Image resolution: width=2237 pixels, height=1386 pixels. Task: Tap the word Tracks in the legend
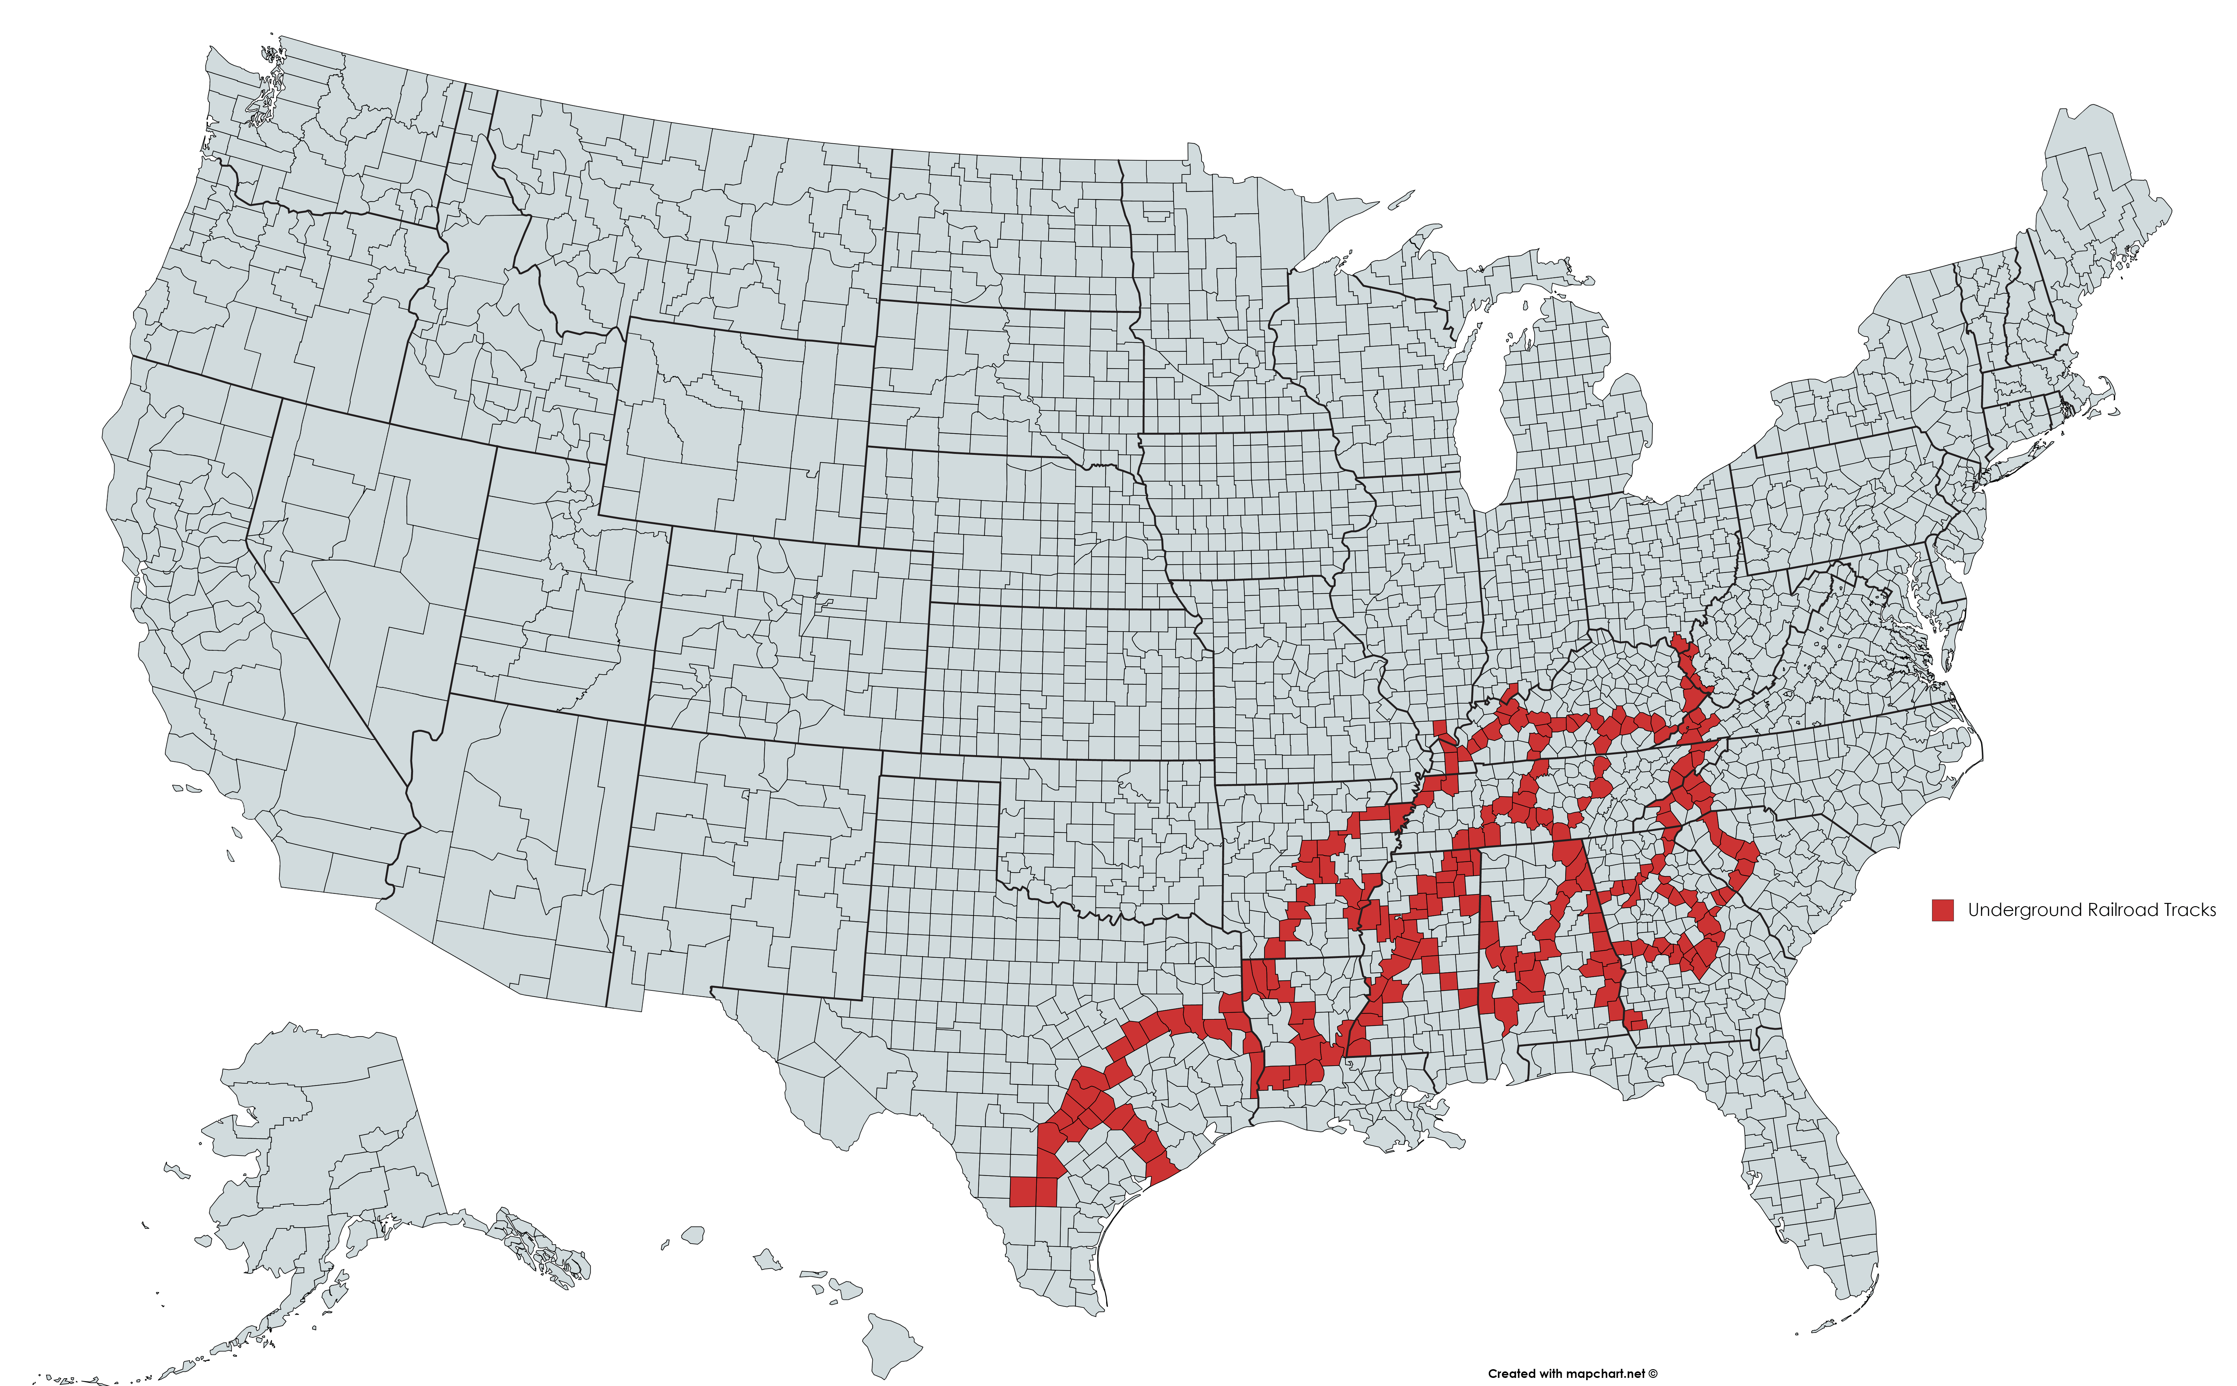click(2189, 910)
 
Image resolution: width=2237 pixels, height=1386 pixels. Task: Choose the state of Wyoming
click(742, 431)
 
